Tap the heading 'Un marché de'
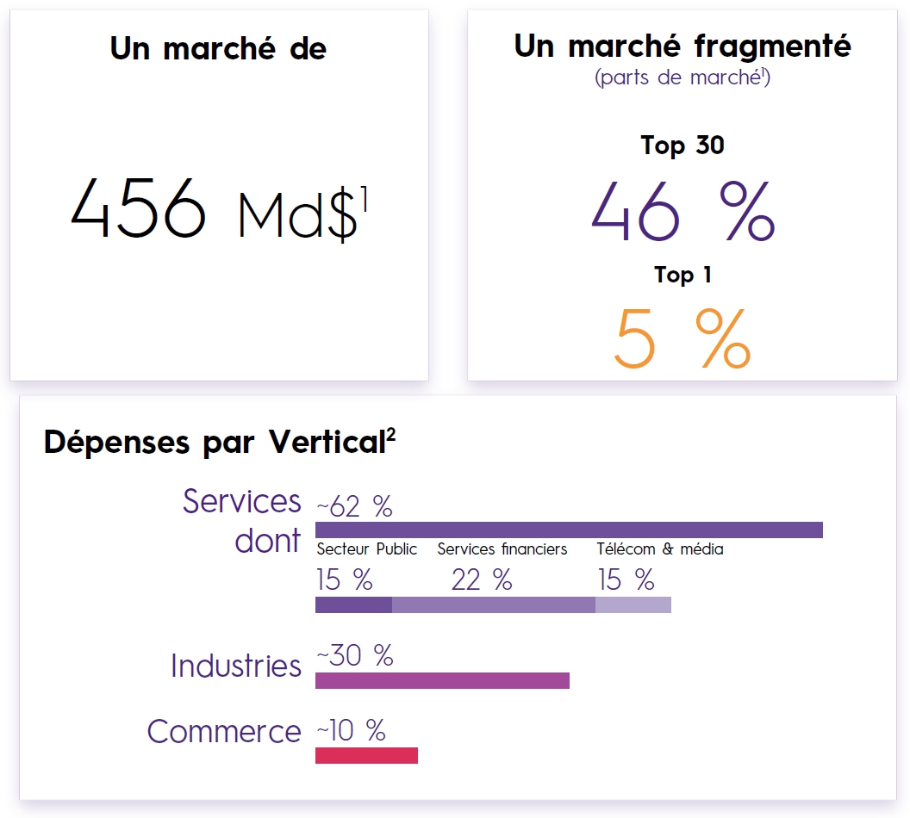218,48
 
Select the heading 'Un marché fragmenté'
682,46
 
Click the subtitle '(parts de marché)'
682,77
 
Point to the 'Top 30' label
682,145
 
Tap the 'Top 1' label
682,275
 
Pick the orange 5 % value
682,338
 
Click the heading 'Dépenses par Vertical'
220,442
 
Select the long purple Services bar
569,530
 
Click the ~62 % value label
354,507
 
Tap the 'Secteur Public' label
366,549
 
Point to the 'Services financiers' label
502,549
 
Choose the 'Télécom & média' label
660,549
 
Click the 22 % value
482,580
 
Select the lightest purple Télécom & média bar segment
633,604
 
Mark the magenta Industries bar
442,680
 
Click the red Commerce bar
366,755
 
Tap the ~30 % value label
354,656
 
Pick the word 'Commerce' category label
224,732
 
